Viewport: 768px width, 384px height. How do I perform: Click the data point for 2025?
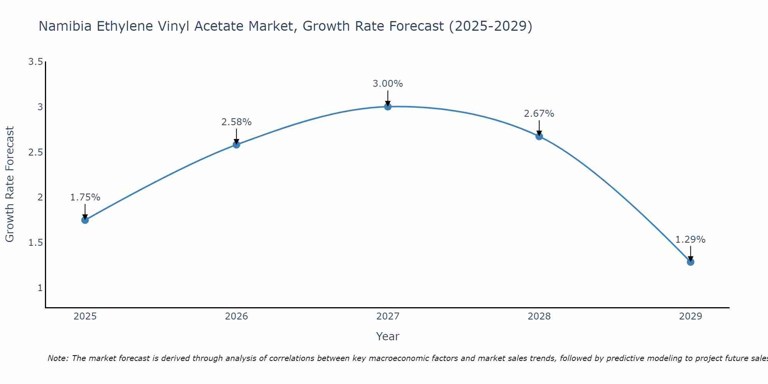(x=85, y=220)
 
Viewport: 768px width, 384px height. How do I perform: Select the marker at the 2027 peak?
(x=387, y=106)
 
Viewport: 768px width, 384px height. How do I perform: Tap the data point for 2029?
(x=690, y=262)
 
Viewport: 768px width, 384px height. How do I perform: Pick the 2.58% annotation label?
(x=236, y=122)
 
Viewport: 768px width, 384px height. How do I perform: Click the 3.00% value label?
(x=387, y=84)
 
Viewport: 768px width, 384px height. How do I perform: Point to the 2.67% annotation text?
(x=539, y=114)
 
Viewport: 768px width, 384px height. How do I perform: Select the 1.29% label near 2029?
(x=690, y=240)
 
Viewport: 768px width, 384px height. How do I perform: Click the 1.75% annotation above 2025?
(x=85, y=197)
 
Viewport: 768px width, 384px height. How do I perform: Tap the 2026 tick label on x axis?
(x=236, y=316)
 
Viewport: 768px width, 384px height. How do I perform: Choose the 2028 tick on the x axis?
(x=539, y=316)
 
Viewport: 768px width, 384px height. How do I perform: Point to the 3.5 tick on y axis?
(x=35, y=62)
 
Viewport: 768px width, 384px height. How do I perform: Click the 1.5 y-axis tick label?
(x=35, y=243)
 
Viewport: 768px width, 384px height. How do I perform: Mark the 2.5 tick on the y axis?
(x=35, y=152)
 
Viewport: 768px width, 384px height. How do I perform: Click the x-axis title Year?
(x=387, y=336)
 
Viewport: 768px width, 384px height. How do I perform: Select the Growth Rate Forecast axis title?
(x=10, y=184)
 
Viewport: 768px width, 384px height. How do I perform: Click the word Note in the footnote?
(x=58, y=358)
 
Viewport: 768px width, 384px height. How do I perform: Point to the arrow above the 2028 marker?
(x=539, y=128)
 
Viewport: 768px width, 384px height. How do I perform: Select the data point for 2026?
(x=236, y=144)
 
